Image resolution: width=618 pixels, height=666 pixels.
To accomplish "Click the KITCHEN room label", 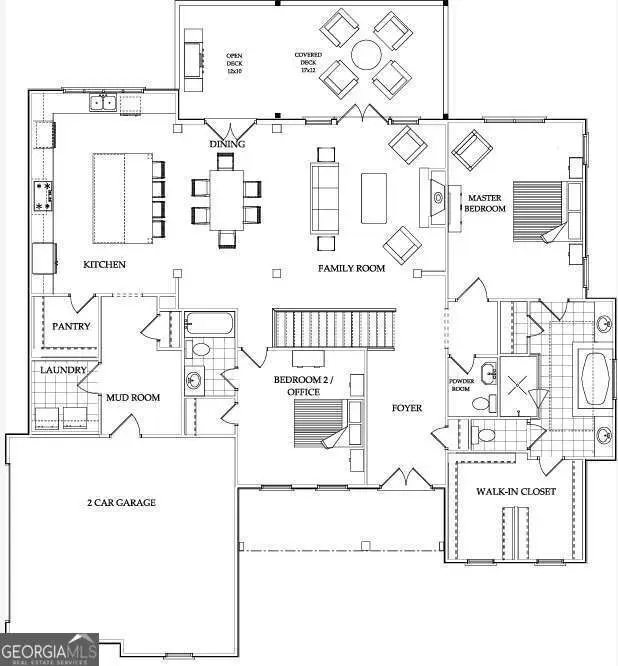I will click(x=104, y=264).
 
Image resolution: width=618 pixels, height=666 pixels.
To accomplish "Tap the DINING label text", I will click(x=227, y=145).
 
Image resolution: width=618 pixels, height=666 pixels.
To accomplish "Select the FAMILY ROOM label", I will click(x=352, y=268).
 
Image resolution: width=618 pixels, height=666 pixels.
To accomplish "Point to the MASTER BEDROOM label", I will click(x=486, y=203).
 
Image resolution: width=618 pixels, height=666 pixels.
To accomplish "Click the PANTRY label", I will click(x=71, y=326).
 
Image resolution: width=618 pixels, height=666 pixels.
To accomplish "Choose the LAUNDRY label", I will click(x=63, y=370).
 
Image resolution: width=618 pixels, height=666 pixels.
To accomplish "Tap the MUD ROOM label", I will click(x=133, y=397).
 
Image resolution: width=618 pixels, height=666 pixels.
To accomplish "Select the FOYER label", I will click(x=407, y=408).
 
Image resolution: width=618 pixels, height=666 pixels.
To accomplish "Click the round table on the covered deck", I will click(x=366, y=52).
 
